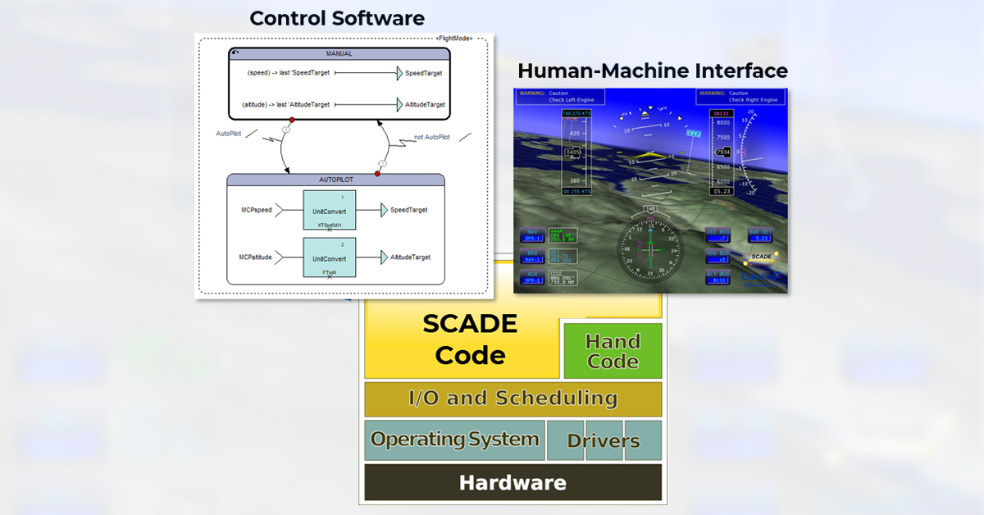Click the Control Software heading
337,18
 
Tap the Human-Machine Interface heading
653,71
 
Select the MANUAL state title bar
339,53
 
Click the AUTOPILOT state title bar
335,180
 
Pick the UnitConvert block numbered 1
330,212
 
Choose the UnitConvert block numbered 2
330,258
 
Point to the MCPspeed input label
255,210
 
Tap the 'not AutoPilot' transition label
431,137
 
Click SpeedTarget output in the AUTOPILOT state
408,210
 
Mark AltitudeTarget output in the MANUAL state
425,105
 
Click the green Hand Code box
613,351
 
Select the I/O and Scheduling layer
512,399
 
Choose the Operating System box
454,440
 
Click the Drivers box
604,441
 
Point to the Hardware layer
512,482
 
